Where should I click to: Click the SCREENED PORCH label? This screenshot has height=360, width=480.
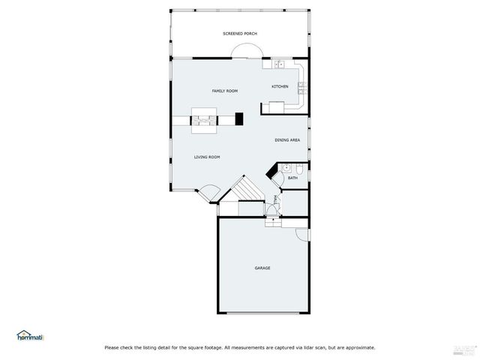[239, 34]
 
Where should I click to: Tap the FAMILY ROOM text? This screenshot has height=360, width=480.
[224, 91]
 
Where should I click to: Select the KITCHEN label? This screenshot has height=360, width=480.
[280, 86]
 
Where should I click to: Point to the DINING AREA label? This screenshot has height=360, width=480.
[287, 140]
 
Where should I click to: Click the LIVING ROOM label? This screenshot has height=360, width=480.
[207, 157]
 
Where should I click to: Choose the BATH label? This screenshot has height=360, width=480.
[292, 178]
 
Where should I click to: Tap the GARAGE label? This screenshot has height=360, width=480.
[262, 268]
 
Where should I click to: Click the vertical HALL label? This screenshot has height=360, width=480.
[276, 199]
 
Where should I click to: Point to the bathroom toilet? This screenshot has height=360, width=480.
[298, 168]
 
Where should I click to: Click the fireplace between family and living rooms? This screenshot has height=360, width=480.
[203, 119]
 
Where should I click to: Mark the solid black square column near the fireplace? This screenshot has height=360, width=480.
[239, 118]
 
